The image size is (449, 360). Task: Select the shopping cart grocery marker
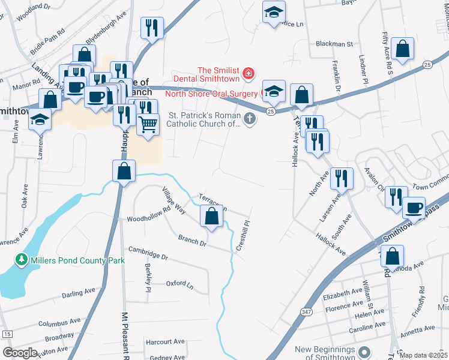click(148, 125)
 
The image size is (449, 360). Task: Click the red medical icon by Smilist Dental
click(249, 74)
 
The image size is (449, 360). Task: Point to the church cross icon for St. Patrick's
click(250, 120)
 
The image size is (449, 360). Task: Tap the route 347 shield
click(306, 311)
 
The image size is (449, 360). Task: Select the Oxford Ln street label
click(180, 283)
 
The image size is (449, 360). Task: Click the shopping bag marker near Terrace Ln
click(211, 217)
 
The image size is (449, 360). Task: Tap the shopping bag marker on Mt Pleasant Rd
click(124, 171)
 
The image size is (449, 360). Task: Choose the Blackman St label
click(334, 44)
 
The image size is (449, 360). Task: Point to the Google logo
click(20, 353)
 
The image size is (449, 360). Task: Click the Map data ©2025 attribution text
click(423, 355)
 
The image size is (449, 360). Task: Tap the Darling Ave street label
click(79, 293)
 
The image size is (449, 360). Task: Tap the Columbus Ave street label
click(58, 323)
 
